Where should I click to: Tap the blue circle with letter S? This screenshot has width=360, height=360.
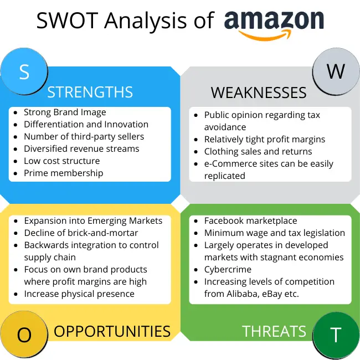pos(24,72)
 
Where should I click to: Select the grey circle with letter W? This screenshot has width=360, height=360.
pos(336,72)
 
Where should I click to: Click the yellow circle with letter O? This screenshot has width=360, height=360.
pos(24,335)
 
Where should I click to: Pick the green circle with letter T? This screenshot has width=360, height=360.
pos(336,335)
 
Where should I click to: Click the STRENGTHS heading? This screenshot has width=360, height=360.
pos(90,92)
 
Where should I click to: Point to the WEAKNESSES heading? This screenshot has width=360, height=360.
pos(259,92)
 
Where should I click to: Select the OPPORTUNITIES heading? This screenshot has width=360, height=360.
pos(112,331)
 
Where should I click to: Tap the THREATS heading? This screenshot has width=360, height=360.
pos(274,331)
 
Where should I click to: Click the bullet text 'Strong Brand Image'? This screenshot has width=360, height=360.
pos(65,112)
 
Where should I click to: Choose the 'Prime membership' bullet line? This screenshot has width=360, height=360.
pos(63,173)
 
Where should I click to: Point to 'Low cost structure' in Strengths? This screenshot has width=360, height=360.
pos(61,161)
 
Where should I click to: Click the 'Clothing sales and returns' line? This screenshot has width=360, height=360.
pos(258,152)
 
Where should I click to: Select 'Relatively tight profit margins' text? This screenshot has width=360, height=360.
pos(265,140)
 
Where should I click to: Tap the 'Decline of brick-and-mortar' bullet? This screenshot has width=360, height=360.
pos(81,233)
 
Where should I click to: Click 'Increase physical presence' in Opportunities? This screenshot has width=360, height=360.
pos(79,294)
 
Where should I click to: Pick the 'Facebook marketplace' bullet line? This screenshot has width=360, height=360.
pos(250,221)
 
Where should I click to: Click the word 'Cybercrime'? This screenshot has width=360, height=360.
pos(228,270)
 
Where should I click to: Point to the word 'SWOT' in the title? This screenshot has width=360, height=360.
pos(61,21)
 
